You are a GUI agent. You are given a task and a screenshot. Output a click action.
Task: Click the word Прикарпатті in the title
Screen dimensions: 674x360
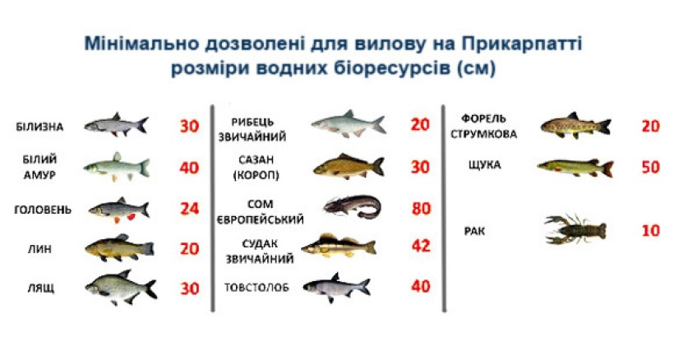point(521,44)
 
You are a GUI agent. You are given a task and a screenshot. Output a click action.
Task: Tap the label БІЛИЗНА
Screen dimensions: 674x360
point(39,127)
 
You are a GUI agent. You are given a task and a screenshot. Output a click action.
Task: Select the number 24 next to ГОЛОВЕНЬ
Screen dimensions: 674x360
point(190,210)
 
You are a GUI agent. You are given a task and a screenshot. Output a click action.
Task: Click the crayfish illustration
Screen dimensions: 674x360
point(575,229)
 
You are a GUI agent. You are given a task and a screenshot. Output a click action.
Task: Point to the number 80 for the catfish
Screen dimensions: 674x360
point(421,209)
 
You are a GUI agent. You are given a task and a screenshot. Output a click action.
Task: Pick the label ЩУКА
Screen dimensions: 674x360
point(484,165)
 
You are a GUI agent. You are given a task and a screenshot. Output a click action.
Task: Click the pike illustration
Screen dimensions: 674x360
point(575,168)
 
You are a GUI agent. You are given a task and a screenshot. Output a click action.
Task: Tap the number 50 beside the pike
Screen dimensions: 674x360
point(650,167)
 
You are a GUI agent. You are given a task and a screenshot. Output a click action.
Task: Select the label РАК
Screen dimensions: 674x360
point(474,232)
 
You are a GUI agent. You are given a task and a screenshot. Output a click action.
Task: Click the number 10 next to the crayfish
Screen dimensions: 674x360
point(650,231)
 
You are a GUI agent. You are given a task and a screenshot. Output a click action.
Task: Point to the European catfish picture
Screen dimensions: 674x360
point(353,206)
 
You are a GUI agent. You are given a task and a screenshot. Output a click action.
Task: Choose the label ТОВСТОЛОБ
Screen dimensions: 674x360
point(256,288)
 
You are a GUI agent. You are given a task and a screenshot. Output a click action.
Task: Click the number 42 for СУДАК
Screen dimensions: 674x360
point(421,246)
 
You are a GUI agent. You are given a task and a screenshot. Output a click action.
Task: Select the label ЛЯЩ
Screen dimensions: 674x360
point(41,288)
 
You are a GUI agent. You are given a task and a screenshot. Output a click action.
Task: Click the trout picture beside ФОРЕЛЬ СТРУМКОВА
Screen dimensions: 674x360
point(575,125)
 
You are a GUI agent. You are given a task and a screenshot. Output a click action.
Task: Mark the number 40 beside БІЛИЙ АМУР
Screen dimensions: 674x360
point(190,168)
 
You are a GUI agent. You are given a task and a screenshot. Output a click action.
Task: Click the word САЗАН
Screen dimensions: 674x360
point(256,159)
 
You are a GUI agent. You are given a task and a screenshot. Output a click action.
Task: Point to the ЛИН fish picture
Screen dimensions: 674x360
point(119,248)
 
